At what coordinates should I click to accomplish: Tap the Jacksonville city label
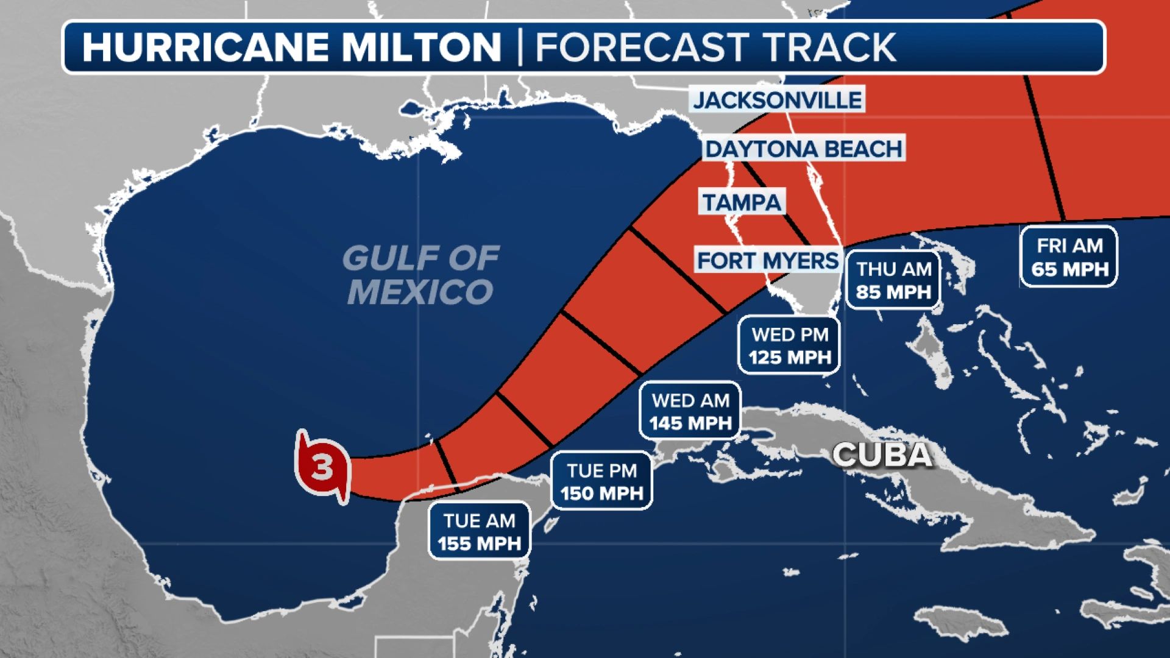[x=778, y=100]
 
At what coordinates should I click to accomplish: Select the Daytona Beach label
[x=804, y=149]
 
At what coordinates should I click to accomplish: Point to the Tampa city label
[x=742, y=202]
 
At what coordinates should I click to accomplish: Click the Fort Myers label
[x=768, y=261]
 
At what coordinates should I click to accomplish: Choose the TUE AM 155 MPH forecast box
[x=480, y=531]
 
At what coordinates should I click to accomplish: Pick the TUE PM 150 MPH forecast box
[x=602, y=481]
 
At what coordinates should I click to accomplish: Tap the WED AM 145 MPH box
[x=690, y=411]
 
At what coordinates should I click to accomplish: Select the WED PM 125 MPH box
[x=790, y=345]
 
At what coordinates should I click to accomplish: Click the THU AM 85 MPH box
[x=894, y=280]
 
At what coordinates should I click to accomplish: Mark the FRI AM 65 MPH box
[x=1069, y=256]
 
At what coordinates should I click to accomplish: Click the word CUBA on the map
[x=882, y=455]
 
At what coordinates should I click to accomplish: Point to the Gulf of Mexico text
[x=420, y=274]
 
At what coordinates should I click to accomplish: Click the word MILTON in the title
[x=420, y=47]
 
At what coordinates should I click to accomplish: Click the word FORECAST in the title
[x=642, y=47]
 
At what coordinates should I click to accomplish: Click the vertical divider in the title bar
[x=520, y=47]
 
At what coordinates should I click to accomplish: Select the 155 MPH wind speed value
[x=480, y=543]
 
